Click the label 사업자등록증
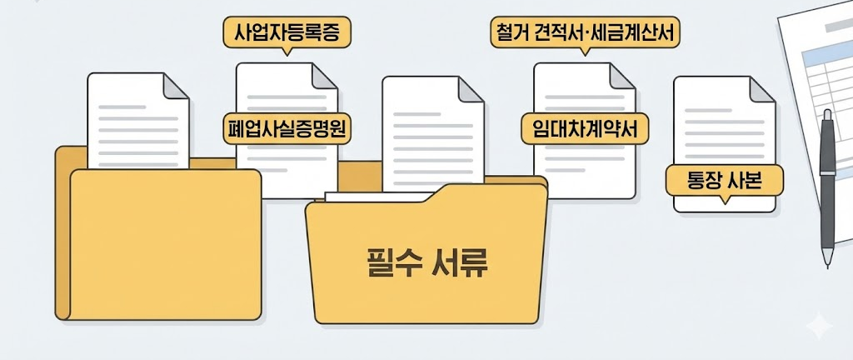click(x=287, y=32)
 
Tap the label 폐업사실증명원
click(x=287, y=128)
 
